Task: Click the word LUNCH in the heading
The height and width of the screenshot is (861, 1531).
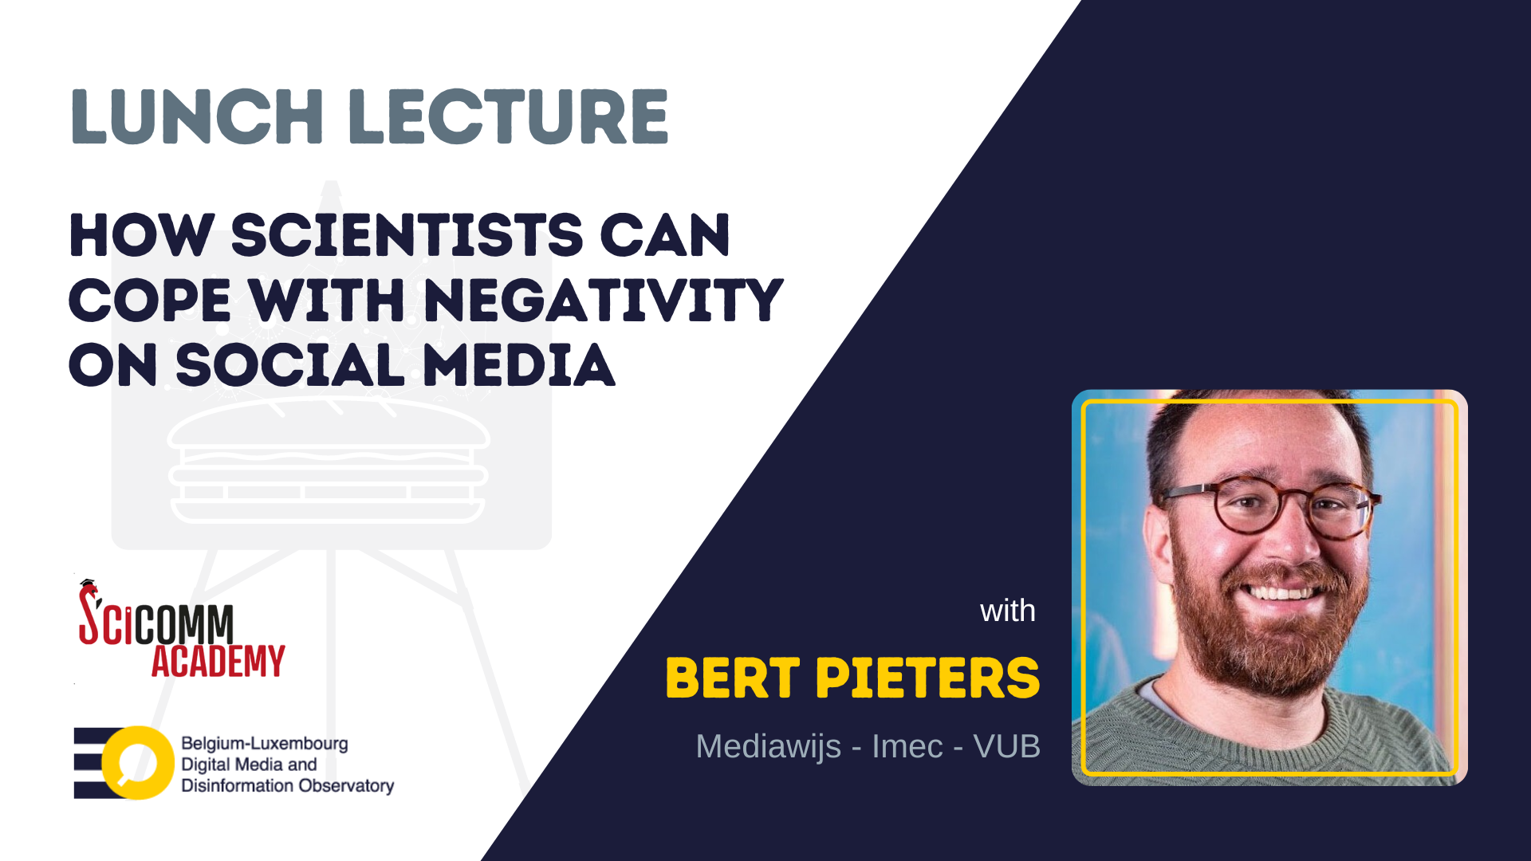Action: coord(197,116)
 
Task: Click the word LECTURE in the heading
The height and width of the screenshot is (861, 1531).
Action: coord(508,116)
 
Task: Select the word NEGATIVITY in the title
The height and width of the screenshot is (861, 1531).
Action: coord(604,301)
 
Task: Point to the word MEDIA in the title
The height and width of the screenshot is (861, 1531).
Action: coord(518,365)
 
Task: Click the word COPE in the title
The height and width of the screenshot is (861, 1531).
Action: coord(150,301)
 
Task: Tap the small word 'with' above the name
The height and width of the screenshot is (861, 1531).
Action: coord(1008,611)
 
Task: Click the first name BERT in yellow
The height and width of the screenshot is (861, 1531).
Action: coord(733,678)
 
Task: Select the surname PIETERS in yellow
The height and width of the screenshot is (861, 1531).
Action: coord(927,678)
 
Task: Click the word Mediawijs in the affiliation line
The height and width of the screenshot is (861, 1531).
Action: coord(769,747)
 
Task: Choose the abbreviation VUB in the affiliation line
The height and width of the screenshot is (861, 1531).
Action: coord(1006,747)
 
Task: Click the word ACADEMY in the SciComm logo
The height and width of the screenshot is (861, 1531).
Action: coord(218,662)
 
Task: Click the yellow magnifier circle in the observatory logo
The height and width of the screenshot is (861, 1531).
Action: coord(138,763)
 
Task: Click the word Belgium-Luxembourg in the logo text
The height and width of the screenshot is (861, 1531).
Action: coord(265,743)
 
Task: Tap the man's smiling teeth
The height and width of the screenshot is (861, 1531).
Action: coord(1281,592)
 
